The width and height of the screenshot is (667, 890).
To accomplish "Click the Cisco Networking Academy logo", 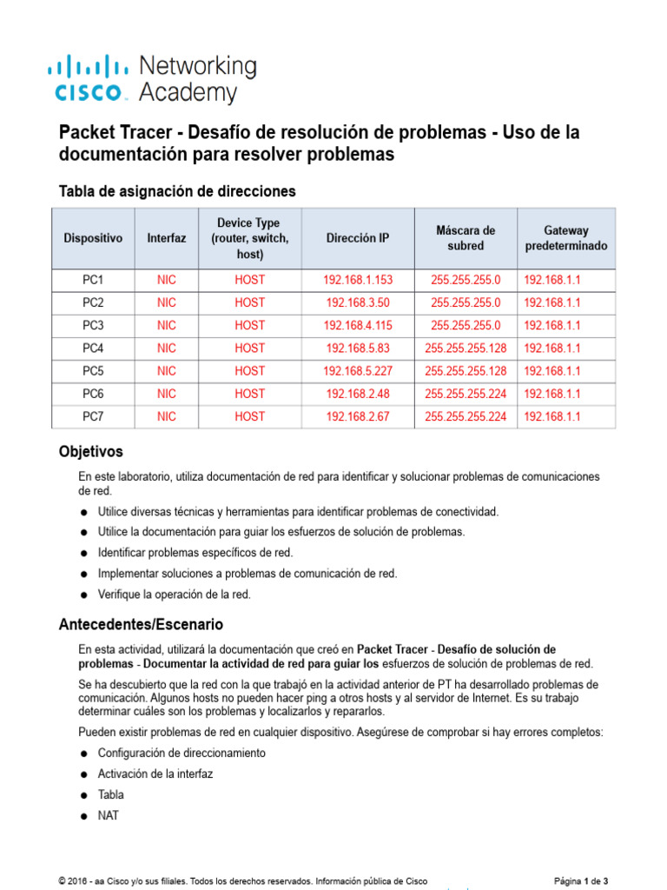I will [x=151, y=79].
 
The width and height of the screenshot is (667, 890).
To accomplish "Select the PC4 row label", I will [x=93, y=348].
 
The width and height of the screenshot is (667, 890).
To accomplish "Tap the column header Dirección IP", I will [x=358, y=237].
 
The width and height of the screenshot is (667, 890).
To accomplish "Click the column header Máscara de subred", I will [x=466, y=237].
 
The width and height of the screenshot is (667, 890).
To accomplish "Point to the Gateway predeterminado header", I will [x=566, y=237].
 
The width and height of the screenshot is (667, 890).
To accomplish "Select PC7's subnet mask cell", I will [x=466, y=416].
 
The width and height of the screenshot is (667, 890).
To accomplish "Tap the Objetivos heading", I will [x=90, y=452].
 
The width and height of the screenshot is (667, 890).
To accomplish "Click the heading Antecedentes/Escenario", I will [x=141, y=624].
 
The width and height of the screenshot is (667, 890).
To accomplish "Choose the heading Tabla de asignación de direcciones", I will [x=176, y=190].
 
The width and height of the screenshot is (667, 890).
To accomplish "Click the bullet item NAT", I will [x=109, y=816].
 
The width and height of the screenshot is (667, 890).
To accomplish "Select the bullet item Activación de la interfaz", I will [x=155, y=774].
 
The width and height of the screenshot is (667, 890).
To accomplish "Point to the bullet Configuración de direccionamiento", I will [x=182, y=753].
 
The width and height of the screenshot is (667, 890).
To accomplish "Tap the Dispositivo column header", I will [x=93, y=237].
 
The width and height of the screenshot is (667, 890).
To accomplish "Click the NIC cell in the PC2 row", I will [x=166, y=302].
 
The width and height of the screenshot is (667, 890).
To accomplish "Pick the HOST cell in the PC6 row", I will [x=249, y=394].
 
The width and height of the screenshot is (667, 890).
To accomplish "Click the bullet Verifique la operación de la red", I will [x=175, y=594].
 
